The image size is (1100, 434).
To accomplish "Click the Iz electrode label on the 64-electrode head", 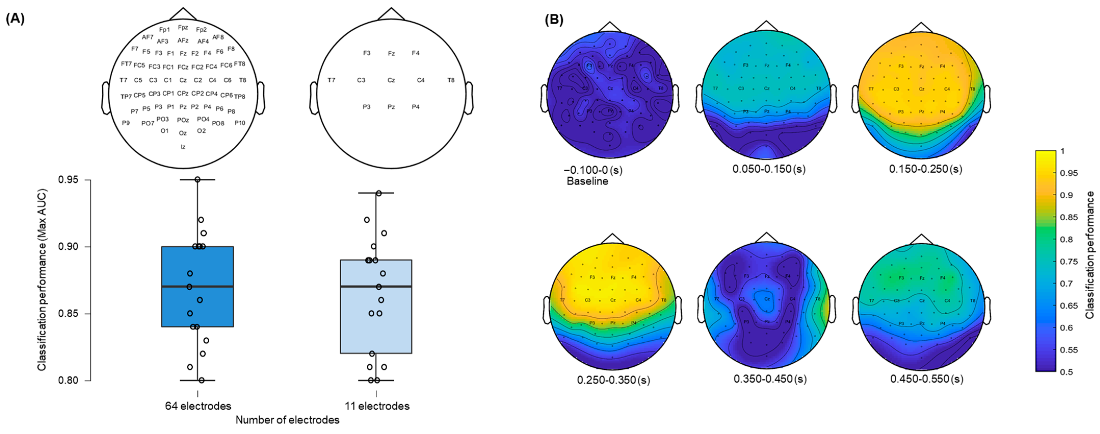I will (183, 147).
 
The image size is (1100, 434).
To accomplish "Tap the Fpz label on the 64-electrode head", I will (183, 27).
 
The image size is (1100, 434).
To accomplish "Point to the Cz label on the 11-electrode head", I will (391, 80).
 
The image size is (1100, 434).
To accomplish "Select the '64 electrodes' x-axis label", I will (198, 406).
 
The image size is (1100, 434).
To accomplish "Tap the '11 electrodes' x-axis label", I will (377, 406).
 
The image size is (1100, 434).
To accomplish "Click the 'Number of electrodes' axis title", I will (287, 420).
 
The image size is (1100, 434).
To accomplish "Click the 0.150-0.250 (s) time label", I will (925, 169).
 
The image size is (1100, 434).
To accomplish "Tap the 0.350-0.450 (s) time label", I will (770, 379).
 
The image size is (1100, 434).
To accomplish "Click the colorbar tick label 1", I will (1063, 151).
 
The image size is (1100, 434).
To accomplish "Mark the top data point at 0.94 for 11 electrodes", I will (379, 193).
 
